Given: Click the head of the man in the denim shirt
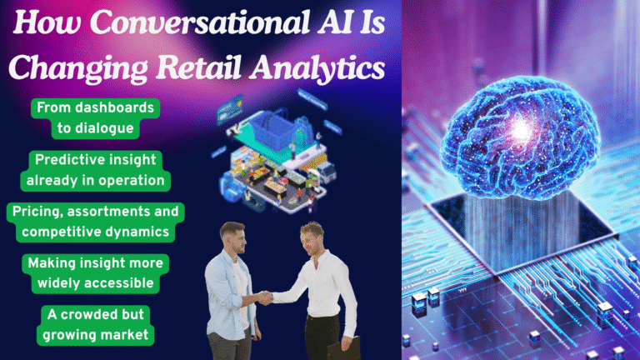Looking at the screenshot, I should pos(235,237).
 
